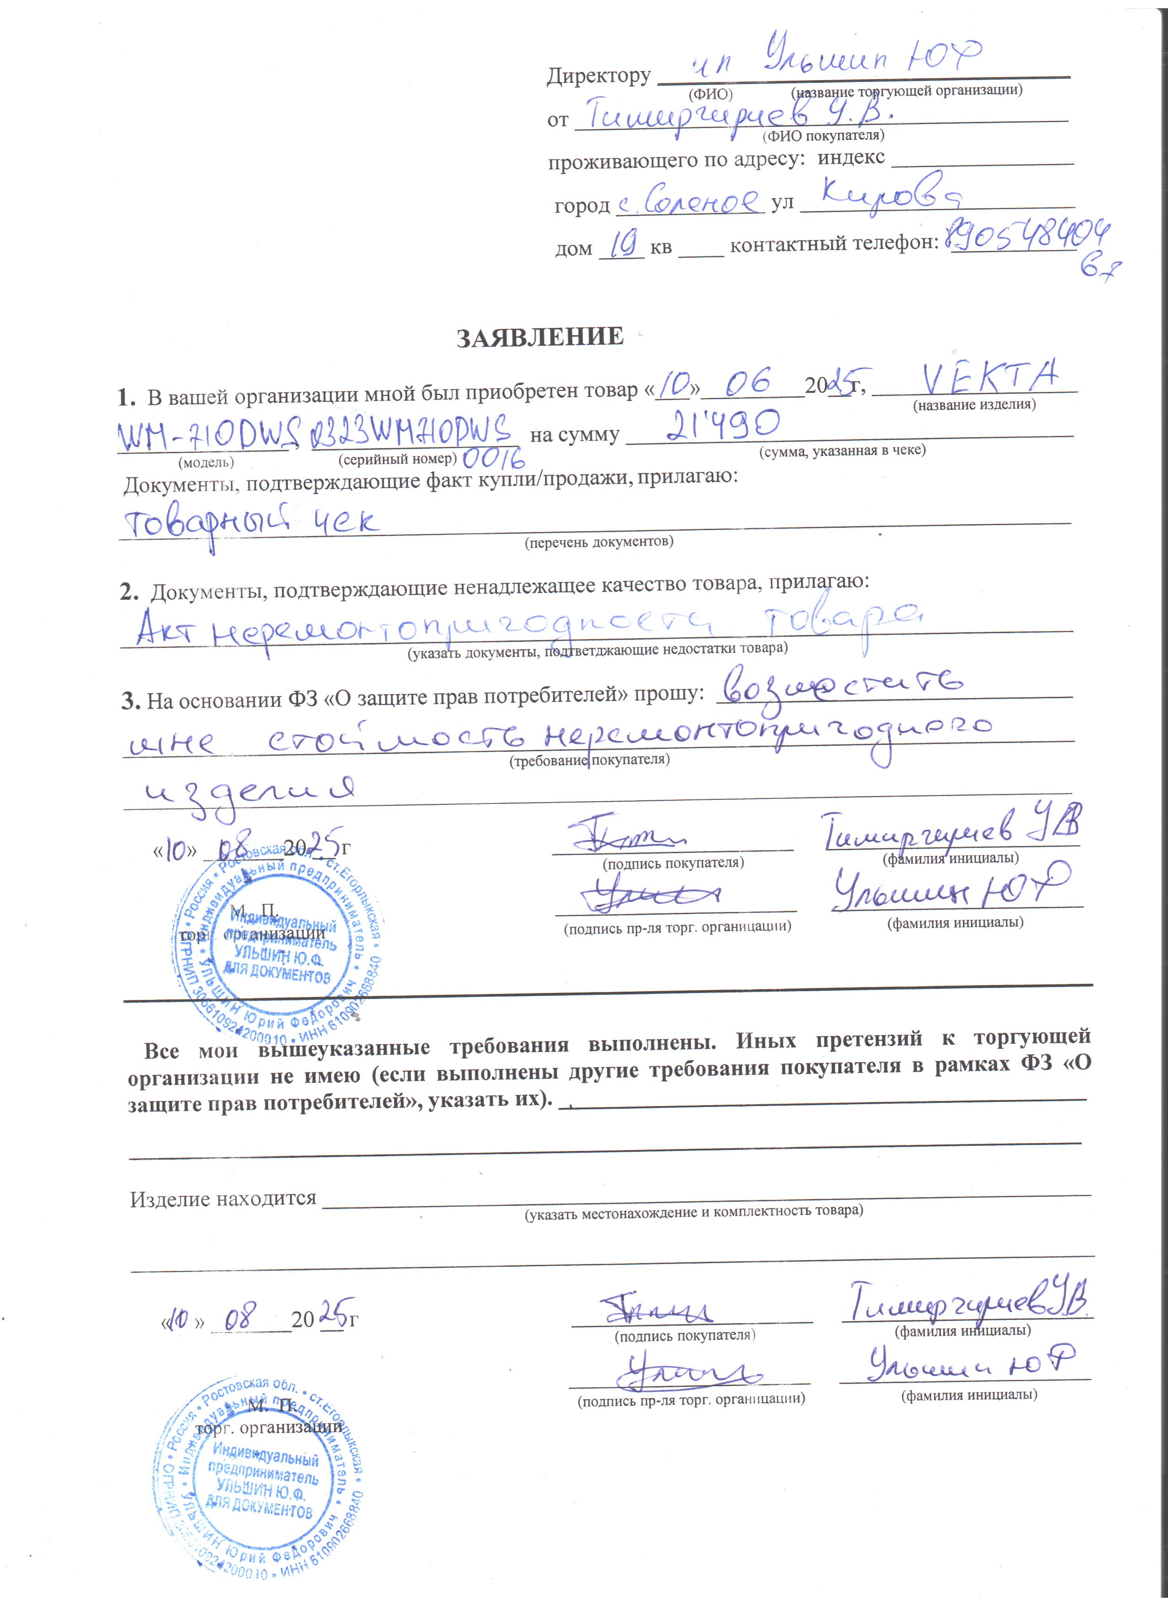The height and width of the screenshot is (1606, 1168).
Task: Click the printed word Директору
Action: [x=599, y=76]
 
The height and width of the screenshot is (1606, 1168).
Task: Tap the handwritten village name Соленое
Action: [x=691, y=201]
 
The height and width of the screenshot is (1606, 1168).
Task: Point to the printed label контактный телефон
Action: [x=834, y=244]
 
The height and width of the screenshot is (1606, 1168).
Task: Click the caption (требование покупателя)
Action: [x=589, y=760]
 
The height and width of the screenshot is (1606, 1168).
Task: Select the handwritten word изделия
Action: [x=248, y=794]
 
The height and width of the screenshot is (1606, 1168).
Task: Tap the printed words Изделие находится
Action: [x=223, y=1199]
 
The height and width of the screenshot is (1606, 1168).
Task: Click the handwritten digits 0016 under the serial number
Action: [x=494, y=460]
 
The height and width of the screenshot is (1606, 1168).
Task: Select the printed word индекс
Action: [x=851, y=157]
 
